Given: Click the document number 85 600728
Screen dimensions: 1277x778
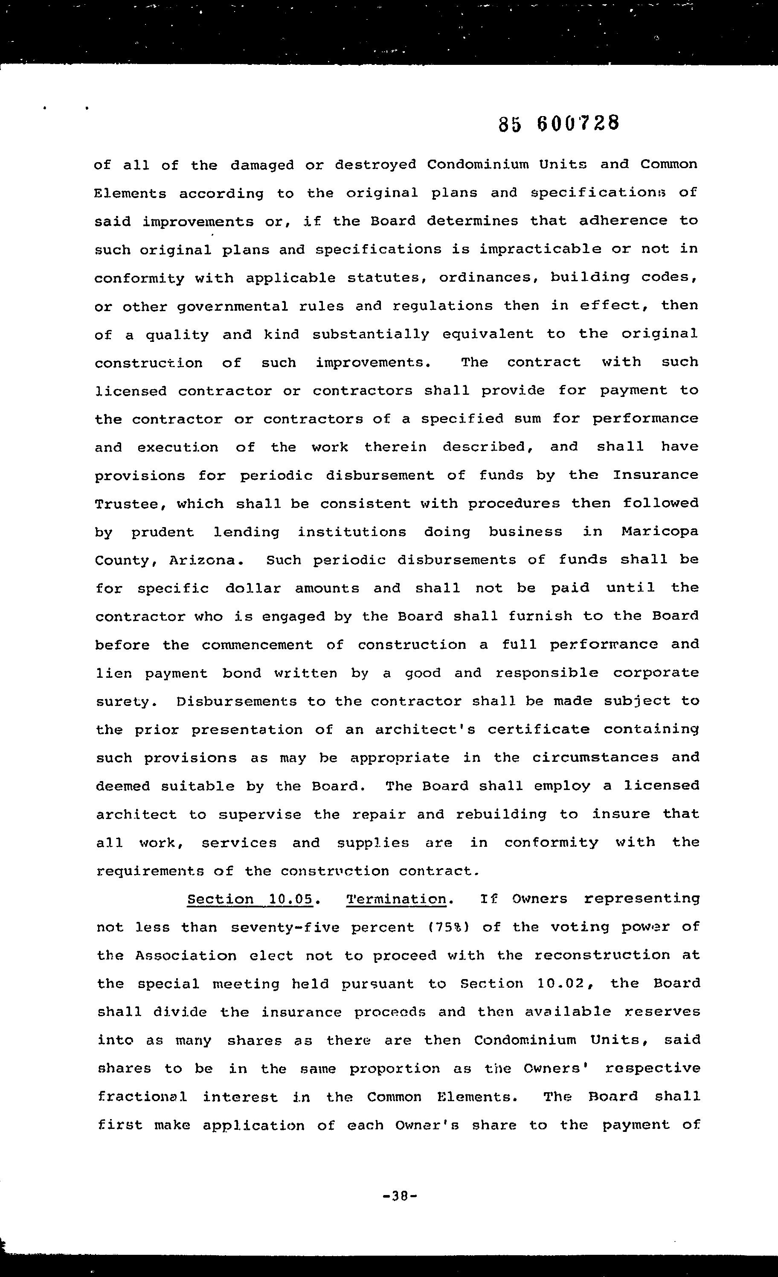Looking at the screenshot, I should click(x=558, y=124).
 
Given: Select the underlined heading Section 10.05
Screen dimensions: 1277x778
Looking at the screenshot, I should click(x=251, y=899).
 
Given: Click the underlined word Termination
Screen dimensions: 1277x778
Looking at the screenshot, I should click(x=396, y=899).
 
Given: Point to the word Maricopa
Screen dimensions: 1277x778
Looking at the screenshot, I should click(x=660, y=532).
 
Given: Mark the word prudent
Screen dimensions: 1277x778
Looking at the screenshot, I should click(x=163, y=533).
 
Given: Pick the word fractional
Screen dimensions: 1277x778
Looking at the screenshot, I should click(x=142, y=1097).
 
